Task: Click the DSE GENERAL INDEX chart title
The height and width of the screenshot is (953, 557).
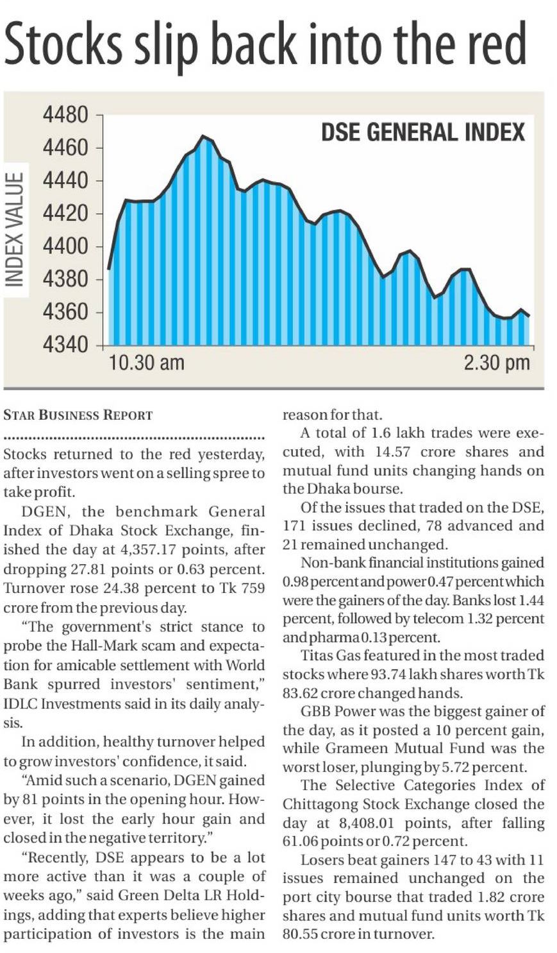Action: (422, 132)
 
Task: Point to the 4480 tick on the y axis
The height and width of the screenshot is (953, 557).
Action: (65, 116)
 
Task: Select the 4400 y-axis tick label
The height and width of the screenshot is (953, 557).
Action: (65, 246)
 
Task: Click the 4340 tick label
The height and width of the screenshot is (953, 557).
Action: (65, 345)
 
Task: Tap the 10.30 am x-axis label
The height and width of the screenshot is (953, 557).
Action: (147, 363)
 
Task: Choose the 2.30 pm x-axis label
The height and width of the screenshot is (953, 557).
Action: (497, 363)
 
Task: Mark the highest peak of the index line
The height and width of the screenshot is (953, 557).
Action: (203, 136)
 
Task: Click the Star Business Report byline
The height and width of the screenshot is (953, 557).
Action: (78, 415)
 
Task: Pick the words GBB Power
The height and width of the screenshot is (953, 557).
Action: (338, 711)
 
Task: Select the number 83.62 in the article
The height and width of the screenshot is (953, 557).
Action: (303, 693)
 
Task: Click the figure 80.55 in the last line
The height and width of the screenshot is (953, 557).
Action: (299, 934)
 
